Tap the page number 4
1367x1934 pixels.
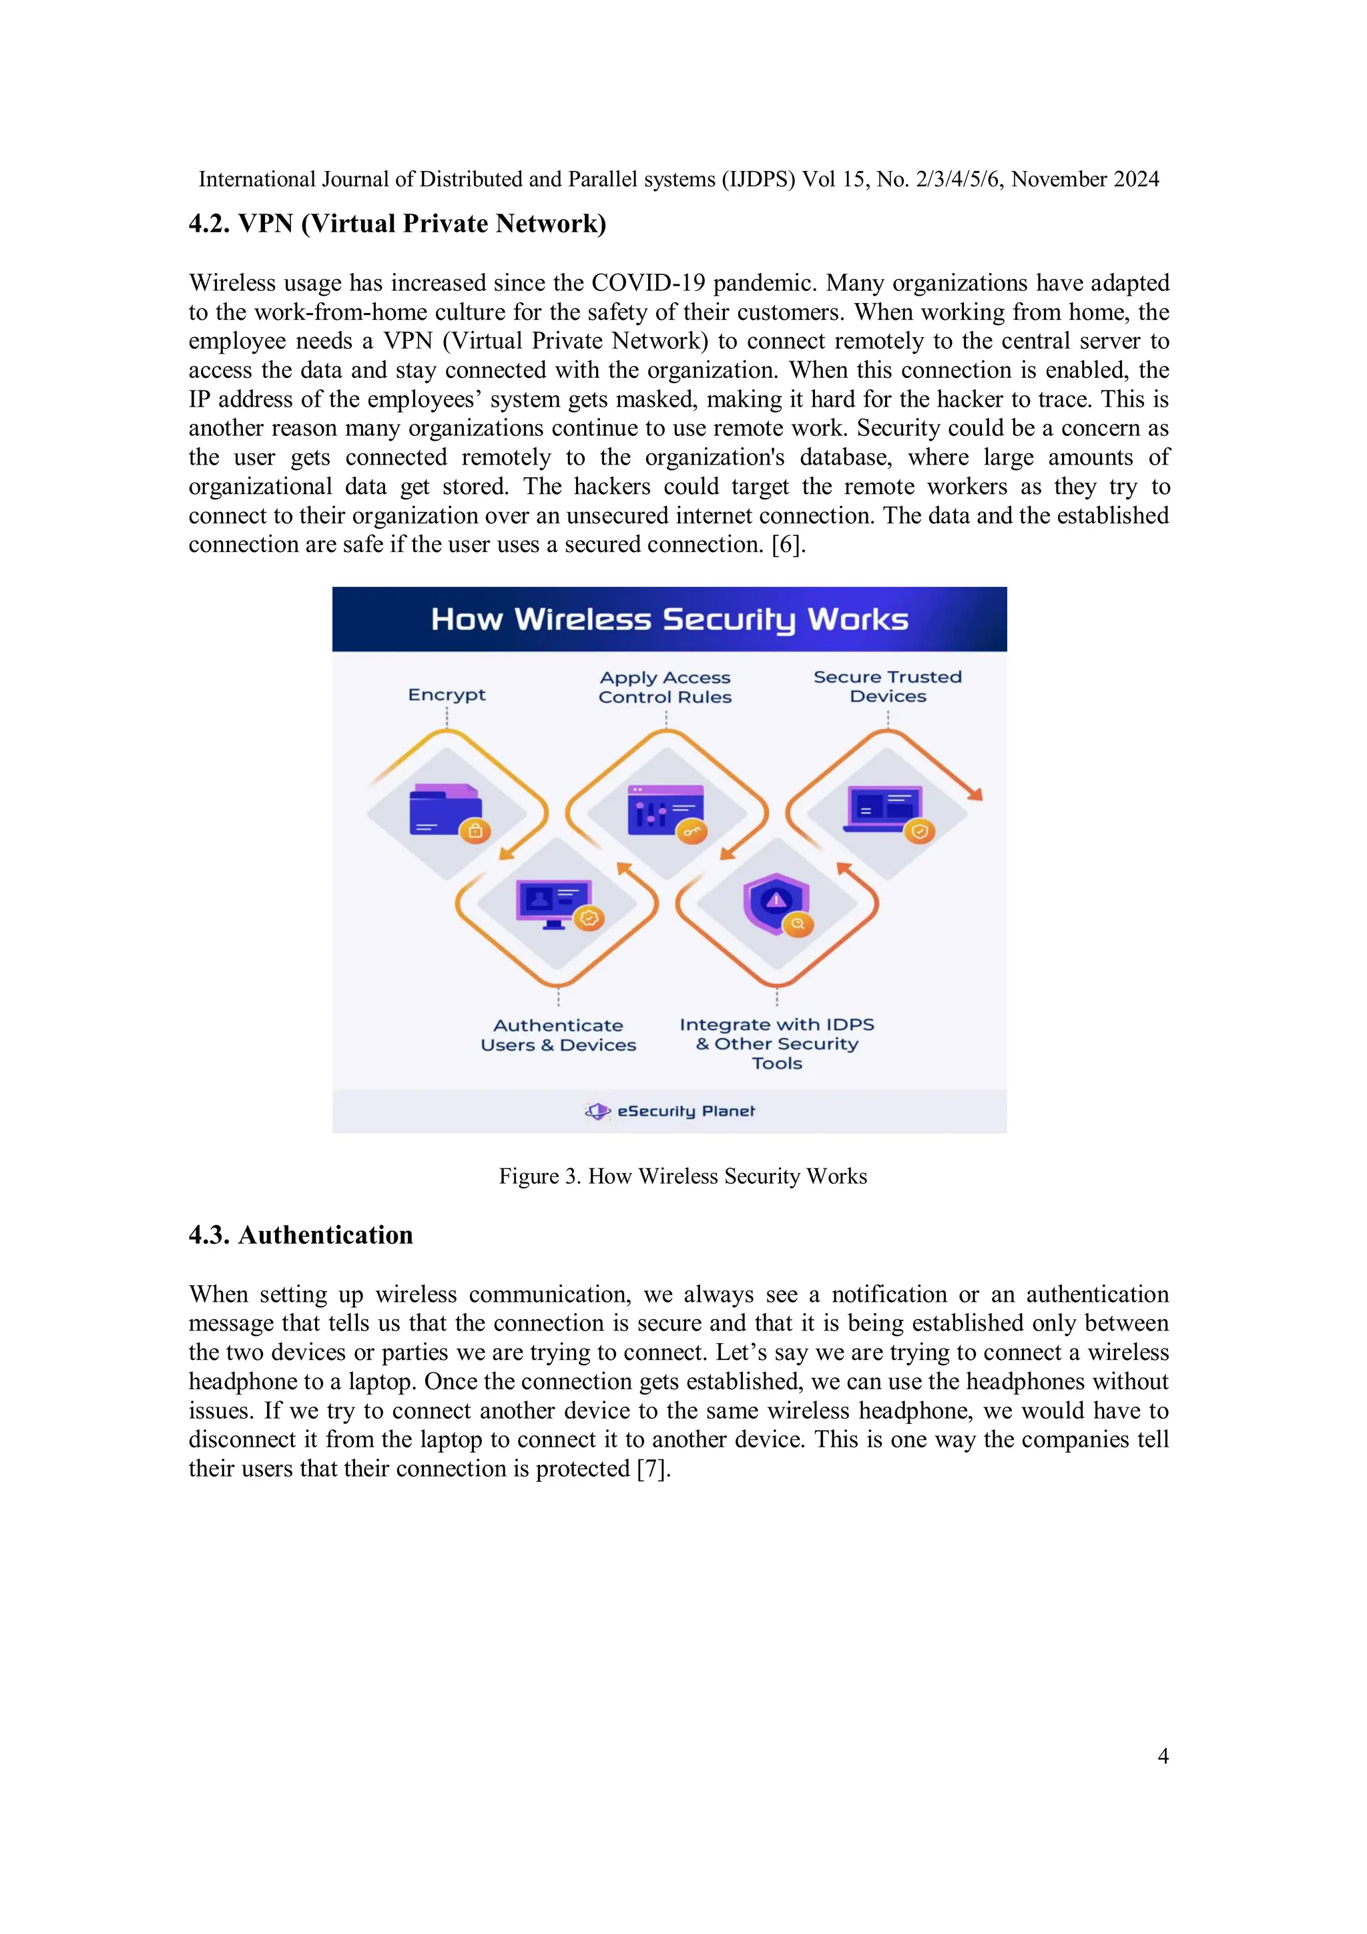coord(1162,1756)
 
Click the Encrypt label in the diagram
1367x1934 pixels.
coord(447,695)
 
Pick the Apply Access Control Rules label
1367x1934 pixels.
coord(665,688)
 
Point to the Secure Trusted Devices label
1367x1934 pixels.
coord(887,686)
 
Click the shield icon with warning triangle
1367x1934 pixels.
coord(776,902)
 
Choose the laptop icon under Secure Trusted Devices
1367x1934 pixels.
coord(884,808)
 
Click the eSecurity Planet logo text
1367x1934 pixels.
coord(686,1111)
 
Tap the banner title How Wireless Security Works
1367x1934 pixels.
coord(669,619)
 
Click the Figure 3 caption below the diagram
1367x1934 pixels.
coord(682,1176)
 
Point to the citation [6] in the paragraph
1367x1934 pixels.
coord(788,544)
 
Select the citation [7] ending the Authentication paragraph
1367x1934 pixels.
coord(653,1468)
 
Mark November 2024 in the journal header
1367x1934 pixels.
coord(1085,180)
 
